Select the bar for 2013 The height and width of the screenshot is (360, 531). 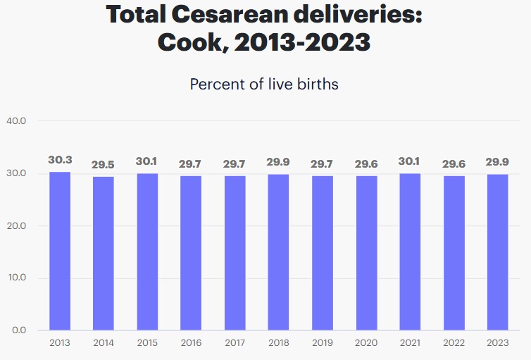(x=60, y=251)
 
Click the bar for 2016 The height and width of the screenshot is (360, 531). (x=191, y=252)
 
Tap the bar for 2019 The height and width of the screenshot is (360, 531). (x=322, y=252)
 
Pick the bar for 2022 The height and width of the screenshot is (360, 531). (x=454, y=252)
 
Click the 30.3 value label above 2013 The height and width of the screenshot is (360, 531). (x=60, y=160)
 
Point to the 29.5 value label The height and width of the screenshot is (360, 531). (x=104, y=165)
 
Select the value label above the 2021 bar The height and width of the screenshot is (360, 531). (x=410, y=161)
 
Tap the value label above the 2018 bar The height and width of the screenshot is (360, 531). (x=279, y=162)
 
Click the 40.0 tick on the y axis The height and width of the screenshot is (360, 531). (x=15, y=121)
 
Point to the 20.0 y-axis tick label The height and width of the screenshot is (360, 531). (x=15, y=225)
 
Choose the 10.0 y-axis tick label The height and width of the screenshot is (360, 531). (x=15, y=278)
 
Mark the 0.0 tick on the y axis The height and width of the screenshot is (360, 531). (x=18, y=330)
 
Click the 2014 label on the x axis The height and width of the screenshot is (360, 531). (x=104, y=343)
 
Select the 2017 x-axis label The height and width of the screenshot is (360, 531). (x=235, y=343)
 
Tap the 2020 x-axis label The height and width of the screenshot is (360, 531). (x=366, y=343)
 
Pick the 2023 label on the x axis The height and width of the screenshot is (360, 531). (x=497, y=343)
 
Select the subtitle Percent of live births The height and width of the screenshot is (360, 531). (x=264, y=85)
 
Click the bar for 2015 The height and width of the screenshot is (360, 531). (x=147, y=252)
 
